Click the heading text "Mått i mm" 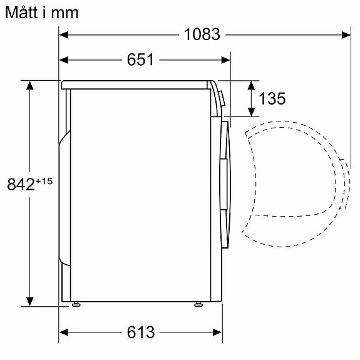pos(41,12)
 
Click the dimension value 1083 pos(202,35)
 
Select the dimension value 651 pos(141,60)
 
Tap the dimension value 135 pos(272,99)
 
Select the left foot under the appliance pos(76,305)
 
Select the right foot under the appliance pos(198,305)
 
